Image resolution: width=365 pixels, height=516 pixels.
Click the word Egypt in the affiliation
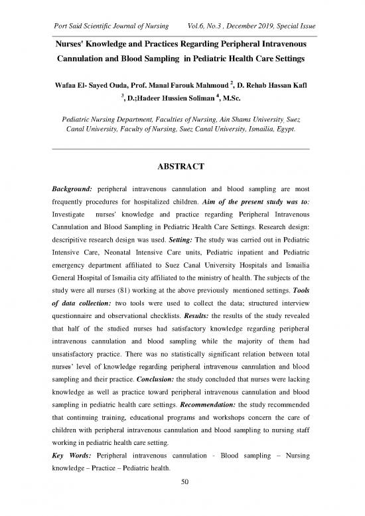click(285, 129)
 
